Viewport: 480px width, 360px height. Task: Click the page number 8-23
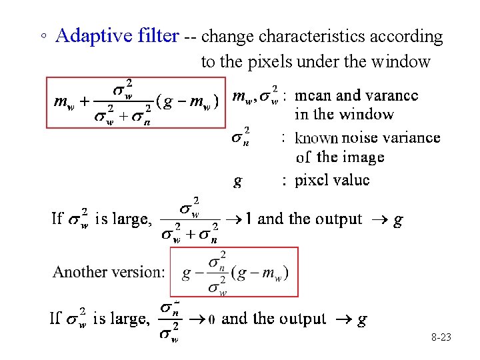[441, 338]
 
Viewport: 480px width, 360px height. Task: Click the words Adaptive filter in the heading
[117, 36]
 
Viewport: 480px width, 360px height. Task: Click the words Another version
[108, 272]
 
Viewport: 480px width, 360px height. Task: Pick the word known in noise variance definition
[317, 138]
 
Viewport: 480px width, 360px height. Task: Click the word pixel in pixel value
[313, 180]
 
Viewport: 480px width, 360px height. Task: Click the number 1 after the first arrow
[249, 219]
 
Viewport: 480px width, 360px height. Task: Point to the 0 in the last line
[211, 319]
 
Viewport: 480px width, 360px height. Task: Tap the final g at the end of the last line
[362, 319]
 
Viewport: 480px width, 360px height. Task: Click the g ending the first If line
[398, 219]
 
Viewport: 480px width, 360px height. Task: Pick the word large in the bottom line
[132, 319]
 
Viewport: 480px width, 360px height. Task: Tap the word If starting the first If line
[57, 219]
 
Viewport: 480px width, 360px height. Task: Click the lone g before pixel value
[237, 181]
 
